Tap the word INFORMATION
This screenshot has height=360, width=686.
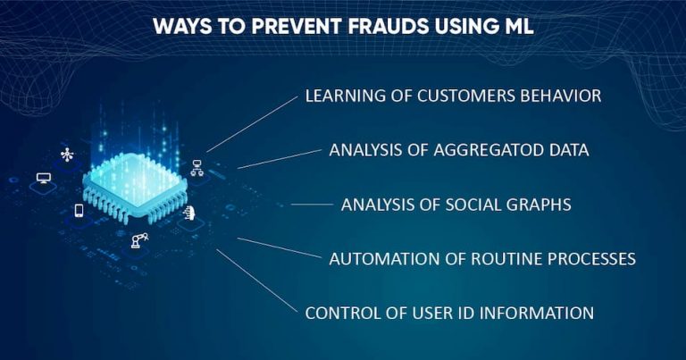point(542,314)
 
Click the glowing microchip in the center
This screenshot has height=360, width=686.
point(135,182)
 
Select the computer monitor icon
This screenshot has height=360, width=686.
point(43,179)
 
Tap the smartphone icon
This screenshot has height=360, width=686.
point(79,211)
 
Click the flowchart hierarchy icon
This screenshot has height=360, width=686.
point(197,167)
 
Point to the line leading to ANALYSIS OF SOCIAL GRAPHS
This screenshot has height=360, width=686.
point(311,205)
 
